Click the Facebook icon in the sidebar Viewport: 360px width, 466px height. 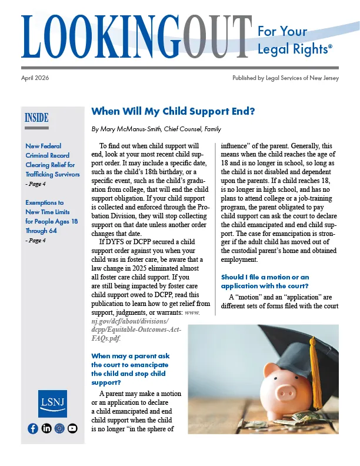(33, 428)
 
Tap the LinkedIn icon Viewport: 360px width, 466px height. (46, 428)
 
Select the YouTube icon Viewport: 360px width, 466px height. (72, 428)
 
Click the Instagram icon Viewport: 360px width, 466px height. (59, 428)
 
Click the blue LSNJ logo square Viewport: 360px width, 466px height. (52, 404)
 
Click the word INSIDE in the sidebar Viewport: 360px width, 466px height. (36, 117)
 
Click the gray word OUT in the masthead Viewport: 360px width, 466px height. (209, 36)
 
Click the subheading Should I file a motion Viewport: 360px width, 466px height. (264, 281)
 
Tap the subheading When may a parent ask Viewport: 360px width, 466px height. (130, 365)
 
